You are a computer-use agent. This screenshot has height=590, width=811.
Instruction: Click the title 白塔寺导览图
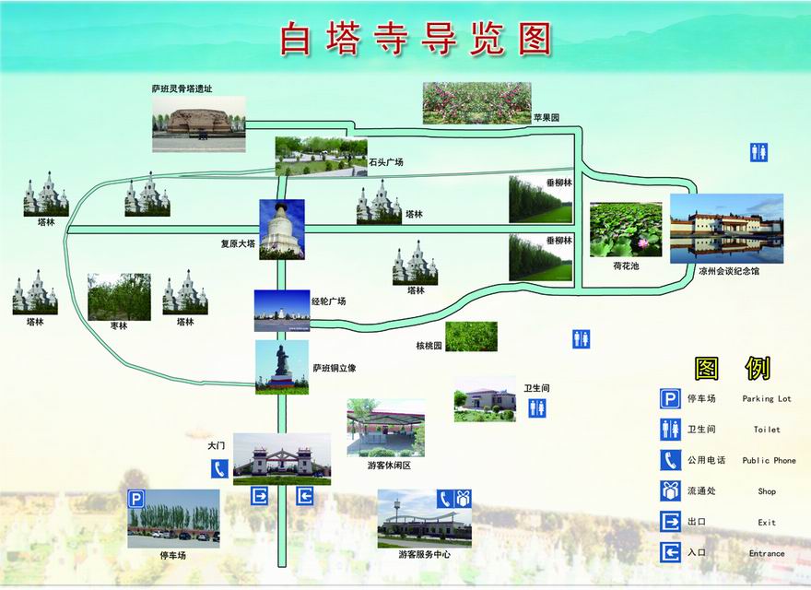coord(417,39)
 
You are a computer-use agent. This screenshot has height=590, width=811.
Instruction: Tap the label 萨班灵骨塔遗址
coord(182,89)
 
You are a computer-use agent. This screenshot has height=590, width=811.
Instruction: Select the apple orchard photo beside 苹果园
coord(476,103)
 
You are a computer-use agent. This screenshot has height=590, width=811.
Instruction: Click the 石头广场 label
coord(386,162)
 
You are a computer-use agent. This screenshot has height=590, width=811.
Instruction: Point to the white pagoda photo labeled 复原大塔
coord(282,230)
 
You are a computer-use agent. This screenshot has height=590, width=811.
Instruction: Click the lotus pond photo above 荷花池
coord(626,230)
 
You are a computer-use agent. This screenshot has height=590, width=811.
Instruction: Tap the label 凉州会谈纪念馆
coord(729,271)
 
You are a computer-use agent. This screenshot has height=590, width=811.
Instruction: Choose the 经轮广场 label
coord(328,301)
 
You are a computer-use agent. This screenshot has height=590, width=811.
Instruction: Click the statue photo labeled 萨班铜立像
coord(282,367)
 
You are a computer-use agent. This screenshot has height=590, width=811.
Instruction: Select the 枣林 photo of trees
coord(120,297)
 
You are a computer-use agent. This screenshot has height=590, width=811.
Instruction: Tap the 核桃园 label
coord(429,345)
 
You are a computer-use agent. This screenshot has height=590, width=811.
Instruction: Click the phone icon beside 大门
coord(219,469)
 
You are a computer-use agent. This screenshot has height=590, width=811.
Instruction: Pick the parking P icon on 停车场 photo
coord(136,500)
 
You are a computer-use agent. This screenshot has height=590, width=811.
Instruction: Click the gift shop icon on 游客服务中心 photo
coord(464,499)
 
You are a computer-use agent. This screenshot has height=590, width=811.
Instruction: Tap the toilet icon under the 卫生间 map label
coord(537,408)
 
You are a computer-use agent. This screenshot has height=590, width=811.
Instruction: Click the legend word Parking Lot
coord(767,398)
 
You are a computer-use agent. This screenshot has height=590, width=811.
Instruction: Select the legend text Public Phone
coord(770,460)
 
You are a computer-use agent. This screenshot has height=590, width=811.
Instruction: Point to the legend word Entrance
coord(767,553)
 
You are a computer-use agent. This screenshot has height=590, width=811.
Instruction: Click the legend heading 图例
coord(733,368)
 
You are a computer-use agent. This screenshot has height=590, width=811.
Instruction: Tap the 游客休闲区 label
coord(390,466)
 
